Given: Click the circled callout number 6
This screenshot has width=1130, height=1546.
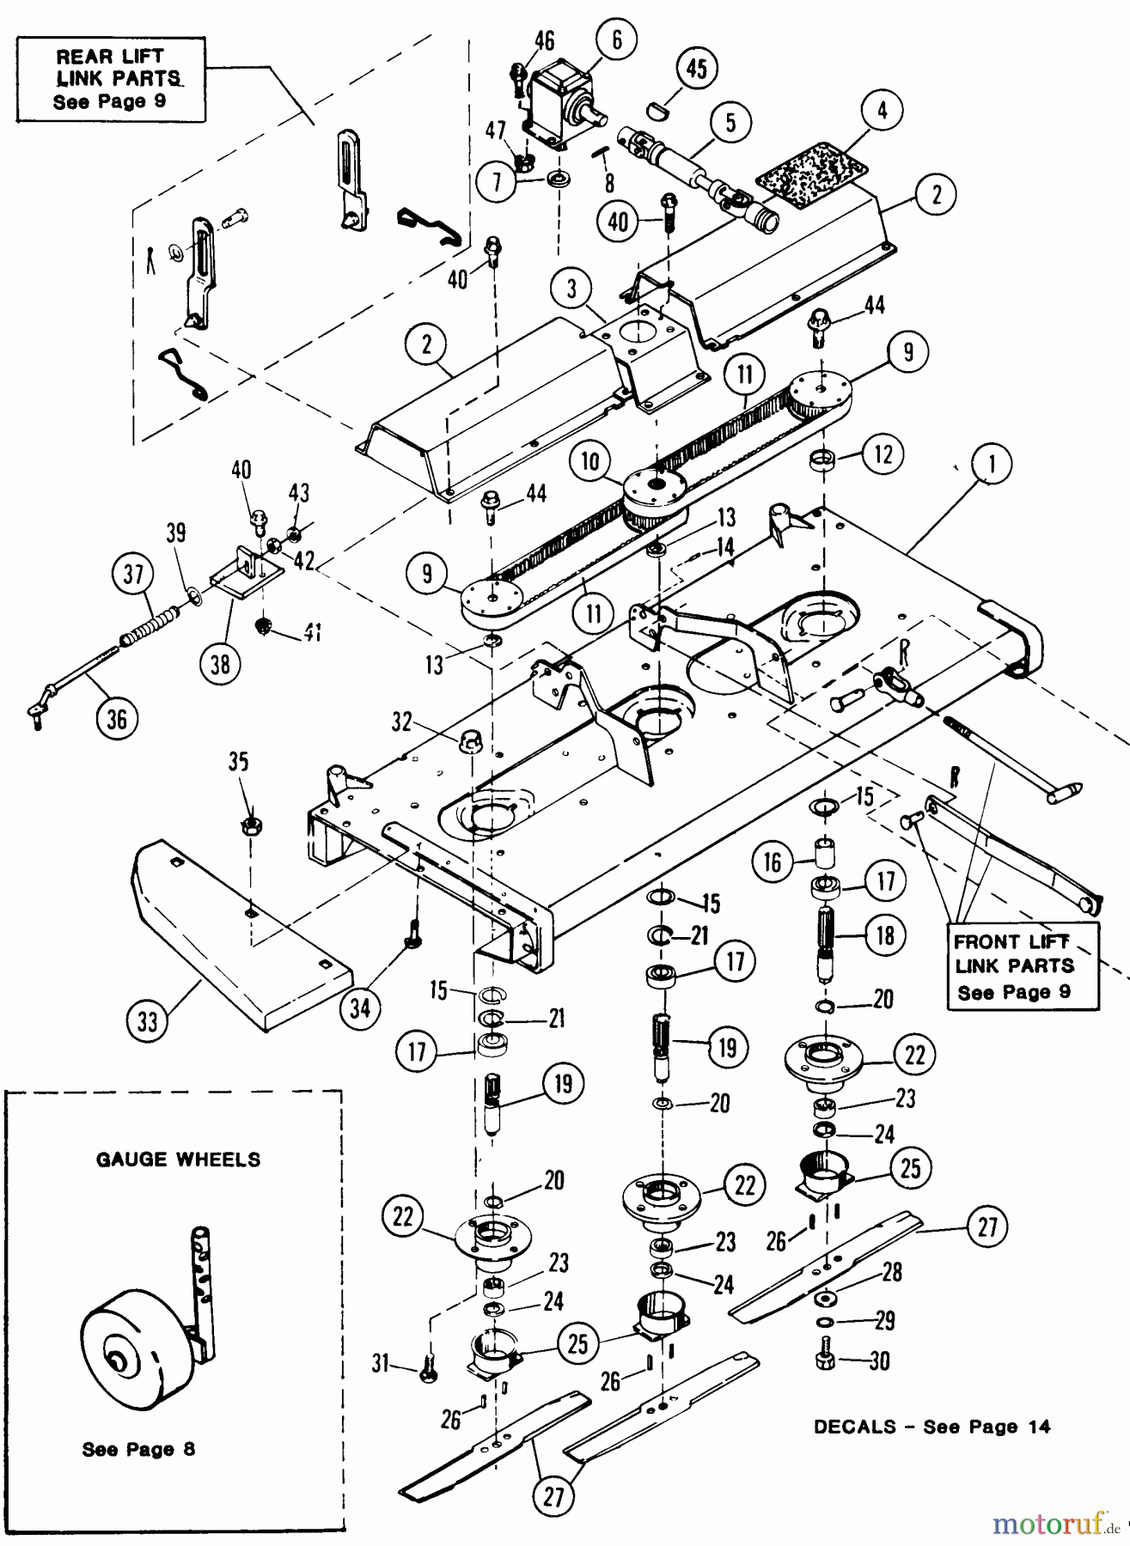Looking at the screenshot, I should coord(617,40).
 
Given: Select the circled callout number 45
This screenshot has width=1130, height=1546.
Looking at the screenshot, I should coord(696,68).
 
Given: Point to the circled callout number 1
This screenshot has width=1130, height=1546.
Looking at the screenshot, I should coord(992,465).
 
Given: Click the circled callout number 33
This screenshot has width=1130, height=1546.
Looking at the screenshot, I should coord(149,1022).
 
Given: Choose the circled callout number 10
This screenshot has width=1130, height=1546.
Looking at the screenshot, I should coord(589,461).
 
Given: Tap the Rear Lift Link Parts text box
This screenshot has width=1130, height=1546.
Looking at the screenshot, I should coord(110,79).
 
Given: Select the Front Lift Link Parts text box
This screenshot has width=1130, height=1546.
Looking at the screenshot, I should coord(1014,966).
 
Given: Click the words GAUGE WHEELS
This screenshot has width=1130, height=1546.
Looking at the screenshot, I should coord(178,1159).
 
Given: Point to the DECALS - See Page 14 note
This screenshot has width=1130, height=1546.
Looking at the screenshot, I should coord(931,1427).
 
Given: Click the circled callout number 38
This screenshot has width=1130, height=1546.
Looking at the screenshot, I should coord(221,664).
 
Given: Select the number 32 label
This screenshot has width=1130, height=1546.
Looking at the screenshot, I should coord(402,722).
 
